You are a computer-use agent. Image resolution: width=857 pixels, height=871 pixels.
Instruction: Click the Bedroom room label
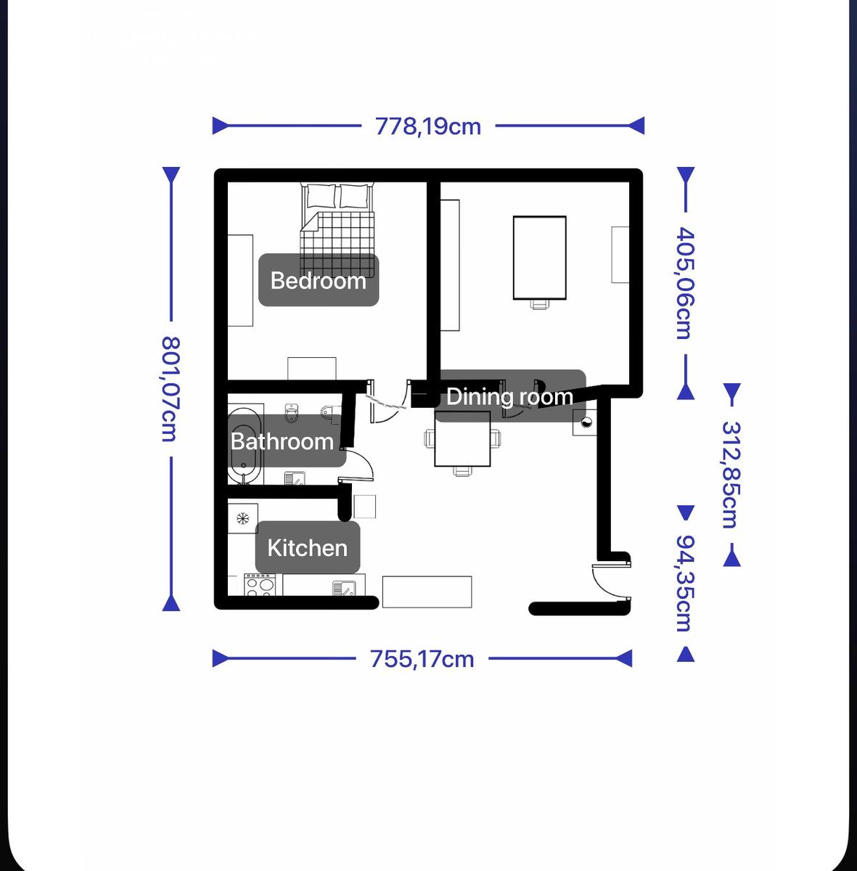(x=319, y=280)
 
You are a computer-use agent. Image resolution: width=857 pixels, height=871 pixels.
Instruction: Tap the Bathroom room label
(x=282, y=441)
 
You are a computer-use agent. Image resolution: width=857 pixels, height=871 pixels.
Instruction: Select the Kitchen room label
(x=308, y=548)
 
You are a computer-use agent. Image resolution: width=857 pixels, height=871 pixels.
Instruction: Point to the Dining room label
(x=509, y=396)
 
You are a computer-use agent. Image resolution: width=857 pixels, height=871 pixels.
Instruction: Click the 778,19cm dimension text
(x=428, y=126)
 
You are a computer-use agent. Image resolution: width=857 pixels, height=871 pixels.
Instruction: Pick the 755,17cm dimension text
(x=422, y=659)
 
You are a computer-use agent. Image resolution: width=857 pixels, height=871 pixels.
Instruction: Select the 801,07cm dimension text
(x=171, y=389)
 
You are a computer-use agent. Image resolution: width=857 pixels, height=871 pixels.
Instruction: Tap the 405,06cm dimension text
(x=685, y=283)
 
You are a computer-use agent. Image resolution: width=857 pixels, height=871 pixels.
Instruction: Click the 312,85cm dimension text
(x=731, y=475)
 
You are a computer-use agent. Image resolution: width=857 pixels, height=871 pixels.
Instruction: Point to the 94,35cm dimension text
(x=685, y=583)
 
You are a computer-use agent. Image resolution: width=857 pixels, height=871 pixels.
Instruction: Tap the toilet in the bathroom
(x=292, y=413)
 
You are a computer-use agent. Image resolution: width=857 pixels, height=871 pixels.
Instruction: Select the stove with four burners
(x=259, y=584)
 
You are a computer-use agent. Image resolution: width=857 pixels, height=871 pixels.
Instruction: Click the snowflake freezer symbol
(x=242, y=518)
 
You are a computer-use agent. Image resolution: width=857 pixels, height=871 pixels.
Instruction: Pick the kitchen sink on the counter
(x=343, y=588)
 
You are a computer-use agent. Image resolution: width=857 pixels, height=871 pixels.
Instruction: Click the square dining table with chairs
(x=462, y=439)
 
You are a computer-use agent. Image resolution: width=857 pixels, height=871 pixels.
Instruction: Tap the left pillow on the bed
(x=321, y=196)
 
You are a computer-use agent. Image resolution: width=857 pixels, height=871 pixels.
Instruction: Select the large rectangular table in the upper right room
(x=540, y=258)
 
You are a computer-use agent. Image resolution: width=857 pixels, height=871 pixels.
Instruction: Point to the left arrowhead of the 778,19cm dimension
(x=220, y=126)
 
